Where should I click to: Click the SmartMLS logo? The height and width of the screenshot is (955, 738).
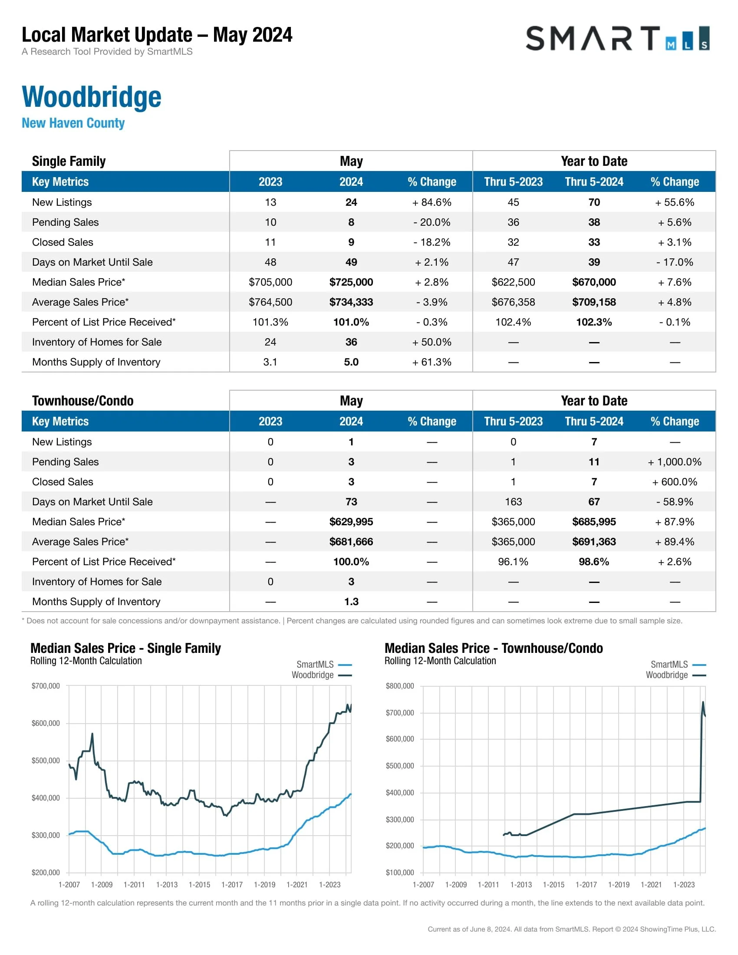click(x=617, y=39)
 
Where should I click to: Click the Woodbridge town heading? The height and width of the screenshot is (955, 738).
click(x=91, y=97)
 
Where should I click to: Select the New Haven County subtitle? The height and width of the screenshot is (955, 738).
click(x=73, y=123)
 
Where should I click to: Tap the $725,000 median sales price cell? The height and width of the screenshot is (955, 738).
click(x=351, y=282)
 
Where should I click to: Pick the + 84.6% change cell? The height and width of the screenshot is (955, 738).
click(x=432, y=202)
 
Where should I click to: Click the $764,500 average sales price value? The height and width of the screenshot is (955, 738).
click(x=270, y=302)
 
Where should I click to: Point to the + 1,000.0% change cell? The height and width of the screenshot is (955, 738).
click(x=675, y=462)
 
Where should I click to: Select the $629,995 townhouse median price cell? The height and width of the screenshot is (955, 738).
click(x=351, y=522)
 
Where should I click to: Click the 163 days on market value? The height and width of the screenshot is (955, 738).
click(x=513, y=501)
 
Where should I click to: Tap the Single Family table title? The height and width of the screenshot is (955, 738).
click(x=69, y=161)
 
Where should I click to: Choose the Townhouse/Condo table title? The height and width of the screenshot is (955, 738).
click(x=82, y=401)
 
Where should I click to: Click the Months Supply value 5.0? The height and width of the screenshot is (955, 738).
click(x=351, y=362)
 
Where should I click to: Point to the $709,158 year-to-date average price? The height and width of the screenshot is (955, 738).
click(x=594, y=302)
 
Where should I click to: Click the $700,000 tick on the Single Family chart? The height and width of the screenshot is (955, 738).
click(x=46, y=685)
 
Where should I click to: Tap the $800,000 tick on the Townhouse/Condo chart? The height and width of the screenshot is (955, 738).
click(x=399, y=685)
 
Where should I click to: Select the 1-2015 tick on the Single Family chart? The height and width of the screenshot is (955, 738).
click(x=199, y=885)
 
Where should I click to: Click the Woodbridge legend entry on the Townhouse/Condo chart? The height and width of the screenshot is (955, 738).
click(x=675, y=675)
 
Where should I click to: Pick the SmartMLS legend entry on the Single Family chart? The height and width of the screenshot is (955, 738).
click(x=323, y=664)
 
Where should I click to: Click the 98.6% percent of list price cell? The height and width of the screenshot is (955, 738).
click(x=594, y=561)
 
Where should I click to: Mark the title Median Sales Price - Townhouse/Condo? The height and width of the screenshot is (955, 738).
click(x=494, y=648)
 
